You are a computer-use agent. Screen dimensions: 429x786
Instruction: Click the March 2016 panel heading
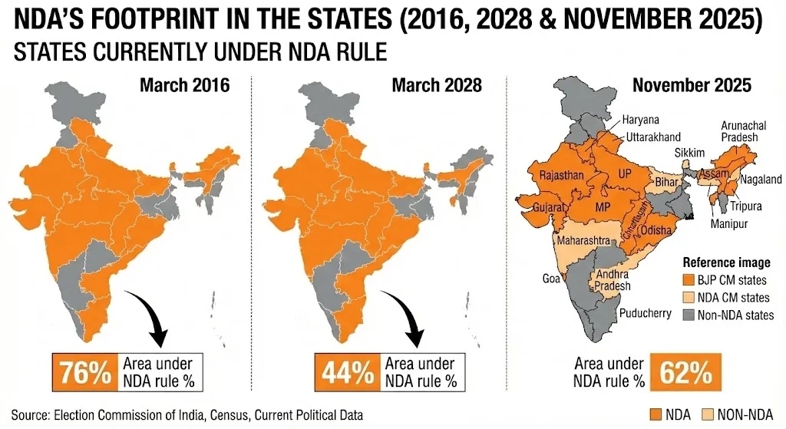pos(184,84)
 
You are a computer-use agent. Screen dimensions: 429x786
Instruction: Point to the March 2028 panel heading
pos(437,84)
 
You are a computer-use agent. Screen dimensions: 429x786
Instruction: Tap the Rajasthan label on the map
pos(563,176)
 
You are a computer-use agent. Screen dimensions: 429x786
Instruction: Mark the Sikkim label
pos(689,153)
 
